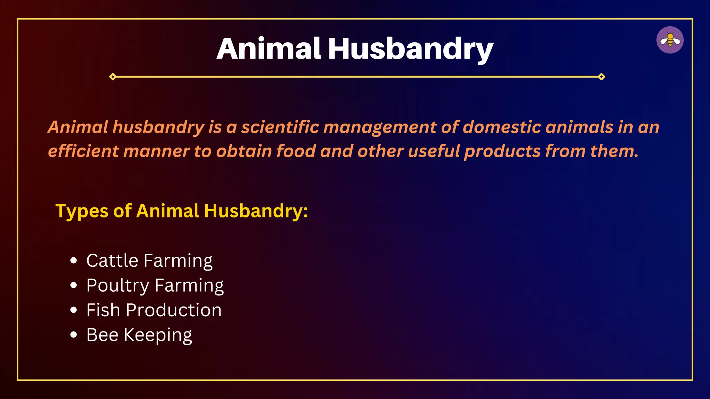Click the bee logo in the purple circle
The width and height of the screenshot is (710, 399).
click(670, 40)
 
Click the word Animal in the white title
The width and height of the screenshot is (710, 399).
click(269, 49)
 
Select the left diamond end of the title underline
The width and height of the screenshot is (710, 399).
click(113, 77)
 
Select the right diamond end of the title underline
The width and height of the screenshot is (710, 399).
click(601, 77)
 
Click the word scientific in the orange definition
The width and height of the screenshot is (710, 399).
click(280, 127)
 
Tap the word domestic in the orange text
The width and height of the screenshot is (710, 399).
click(502, 127)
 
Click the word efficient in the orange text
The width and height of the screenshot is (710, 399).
click(83, 151)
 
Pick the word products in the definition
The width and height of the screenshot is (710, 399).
click(502, 152)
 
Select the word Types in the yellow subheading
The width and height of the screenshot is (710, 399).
click(82, 211)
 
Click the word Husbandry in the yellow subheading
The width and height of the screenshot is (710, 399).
click(256, 211)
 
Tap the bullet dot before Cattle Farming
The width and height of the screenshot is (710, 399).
click(73, 260)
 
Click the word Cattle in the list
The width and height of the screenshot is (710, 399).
click(112, 260)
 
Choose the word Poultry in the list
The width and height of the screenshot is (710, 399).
click(118, 286)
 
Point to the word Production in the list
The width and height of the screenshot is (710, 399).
click(173, 310)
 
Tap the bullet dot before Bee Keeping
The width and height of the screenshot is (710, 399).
click(73, 335)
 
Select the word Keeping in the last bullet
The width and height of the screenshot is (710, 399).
click(158, 335)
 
